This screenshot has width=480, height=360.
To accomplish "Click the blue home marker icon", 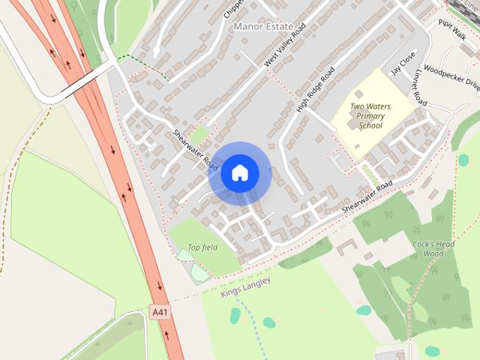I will pos(239,173).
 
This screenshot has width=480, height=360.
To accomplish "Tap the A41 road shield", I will pos(158,311).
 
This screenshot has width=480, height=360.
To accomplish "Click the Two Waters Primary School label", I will pos(371,116).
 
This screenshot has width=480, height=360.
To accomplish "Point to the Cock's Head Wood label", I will pos(433,249).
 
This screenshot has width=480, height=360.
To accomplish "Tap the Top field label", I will pos(202,247).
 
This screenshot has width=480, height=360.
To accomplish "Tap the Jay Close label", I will pos(403,64).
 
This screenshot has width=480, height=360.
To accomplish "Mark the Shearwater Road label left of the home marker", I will pos(195,147).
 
